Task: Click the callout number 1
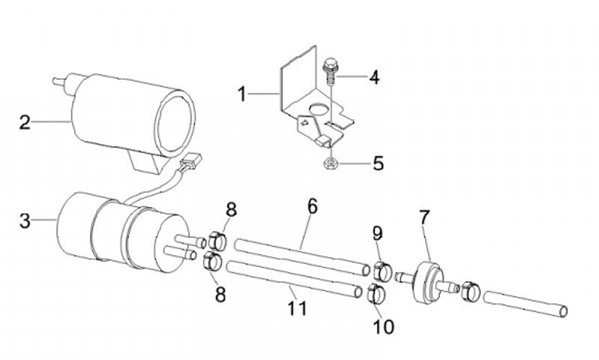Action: click(x=242, y=94)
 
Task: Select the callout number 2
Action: click(x=25, y=122)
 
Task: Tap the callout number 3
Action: click(x=25, y=220)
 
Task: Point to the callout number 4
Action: click(x=374, y=77)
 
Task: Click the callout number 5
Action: click(x=379, y=164)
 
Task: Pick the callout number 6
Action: click(x=313, y=206)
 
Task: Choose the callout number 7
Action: click(x=424, y=217)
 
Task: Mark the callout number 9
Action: click(x=378, y=234)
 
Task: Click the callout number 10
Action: click(x=384, y=327)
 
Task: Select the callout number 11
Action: click(x=297, y=308)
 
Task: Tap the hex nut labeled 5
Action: click(x=329, y=164)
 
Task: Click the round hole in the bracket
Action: click(x=317, y=109)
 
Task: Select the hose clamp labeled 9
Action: click(x=382, y=270)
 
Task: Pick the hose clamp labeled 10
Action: click(x=376, y=294)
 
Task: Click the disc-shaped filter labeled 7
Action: click(x=429, y=282)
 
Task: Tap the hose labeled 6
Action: click(x=302, y=257)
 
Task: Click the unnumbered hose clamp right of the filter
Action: click(x=470, y=291)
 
